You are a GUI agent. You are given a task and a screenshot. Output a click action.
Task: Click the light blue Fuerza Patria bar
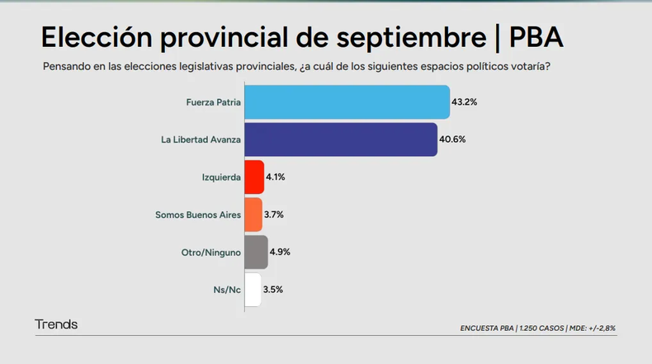[x=347, y=102]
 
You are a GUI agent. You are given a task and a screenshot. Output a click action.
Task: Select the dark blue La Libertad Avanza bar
[x=341, y=139]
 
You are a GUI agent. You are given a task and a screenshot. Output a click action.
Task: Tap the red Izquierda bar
[x=254, y=177]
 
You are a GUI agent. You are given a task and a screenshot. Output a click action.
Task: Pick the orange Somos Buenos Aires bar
[x=253, y=215]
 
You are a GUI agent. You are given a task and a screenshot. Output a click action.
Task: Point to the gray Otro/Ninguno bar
[x=256, y=252]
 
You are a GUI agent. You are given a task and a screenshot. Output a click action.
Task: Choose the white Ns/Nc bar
[x=253, y=290]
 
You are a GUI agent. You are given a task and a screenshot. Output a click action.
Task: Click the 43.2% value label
[x=465, y=102]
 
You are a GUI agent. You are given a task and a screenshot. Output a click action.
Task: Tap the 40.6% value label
[x=452, y=139]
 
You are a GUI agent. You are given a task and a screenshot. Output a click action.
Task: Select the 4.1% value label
[x=276, y=177]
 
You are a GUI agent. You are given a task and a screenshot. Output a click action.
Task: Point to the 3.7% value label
[x=274, y=215]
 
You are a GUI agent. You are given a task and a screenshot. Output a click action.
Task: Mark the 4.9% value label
[x=280, y=252]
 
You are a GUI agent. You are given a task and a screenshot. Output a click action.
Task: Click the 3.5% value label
[x=273, y=290]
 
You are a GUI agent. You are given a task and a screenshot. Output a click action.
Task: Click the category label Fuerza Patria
[x=213, y=102]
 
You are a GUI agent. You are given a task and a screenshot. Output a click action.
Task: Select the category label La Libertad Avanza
[x=201, y=139]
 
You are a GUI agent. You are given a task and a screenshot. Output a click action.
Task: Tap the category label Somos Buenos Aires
[x=198, y=215]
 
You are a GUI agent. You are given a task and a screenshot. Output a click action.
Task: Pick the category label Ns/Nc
[x=227, y=290]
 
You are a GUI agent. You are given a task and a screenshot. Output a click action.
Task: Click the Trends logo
[x=56, y=324]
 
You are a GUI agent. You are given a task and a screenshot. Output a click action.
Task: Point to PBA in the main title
[x=536, y=37]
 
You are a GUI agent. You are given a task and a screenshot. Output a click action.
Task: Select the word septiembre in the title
[x=411, y=39]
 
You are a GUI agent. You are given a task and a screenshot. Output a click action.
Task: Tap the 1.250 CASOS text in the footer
[x=541, y=329]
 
